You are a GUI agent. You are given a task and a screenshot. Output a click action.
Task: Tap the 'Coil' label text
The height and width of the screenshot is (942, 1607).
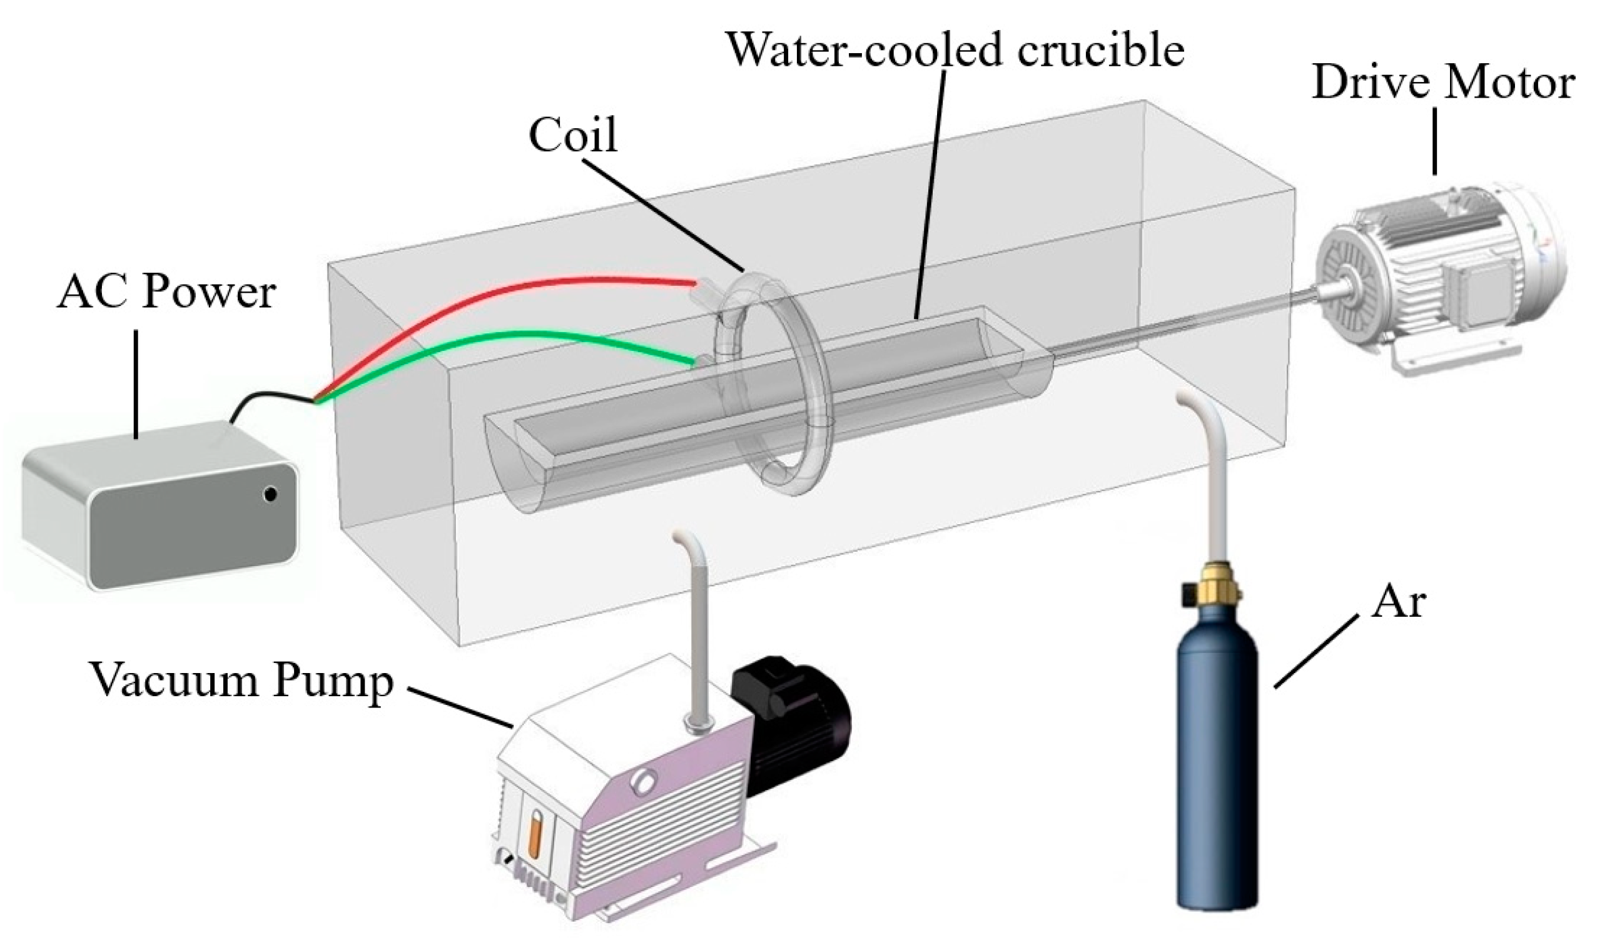pos(573,135)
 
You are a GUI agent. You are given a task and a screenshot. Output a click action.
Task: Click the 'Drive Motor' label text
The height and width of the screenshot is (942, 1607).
pos(1442,84)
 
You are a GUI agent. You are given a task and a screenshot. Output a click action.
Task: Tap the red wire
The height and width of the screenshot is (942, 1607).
pos(510,290)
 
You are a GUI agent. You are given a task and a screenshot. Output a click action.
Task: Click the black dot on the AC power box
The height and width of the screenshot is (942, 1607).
pos(270,494)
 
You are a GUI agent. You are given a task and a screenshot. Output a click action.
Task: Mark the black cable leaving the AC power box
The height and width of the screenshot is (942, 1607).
pos(268,400)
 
